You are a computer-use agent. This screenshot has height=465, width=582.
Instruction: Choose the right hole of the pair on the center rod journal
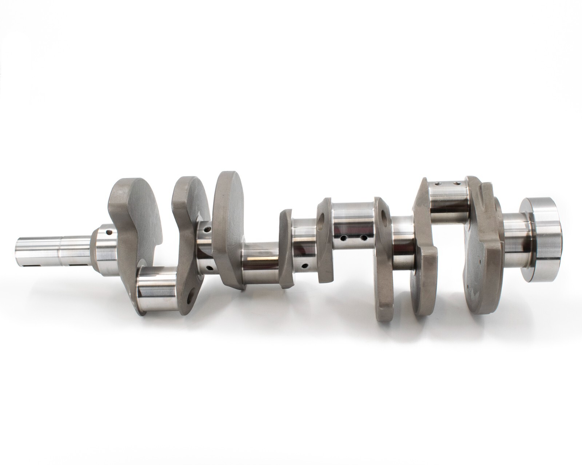[x=362, y=238]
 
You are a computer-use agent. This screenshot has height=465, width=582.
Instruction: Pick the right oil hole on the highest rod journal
[x=457, y=184]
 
